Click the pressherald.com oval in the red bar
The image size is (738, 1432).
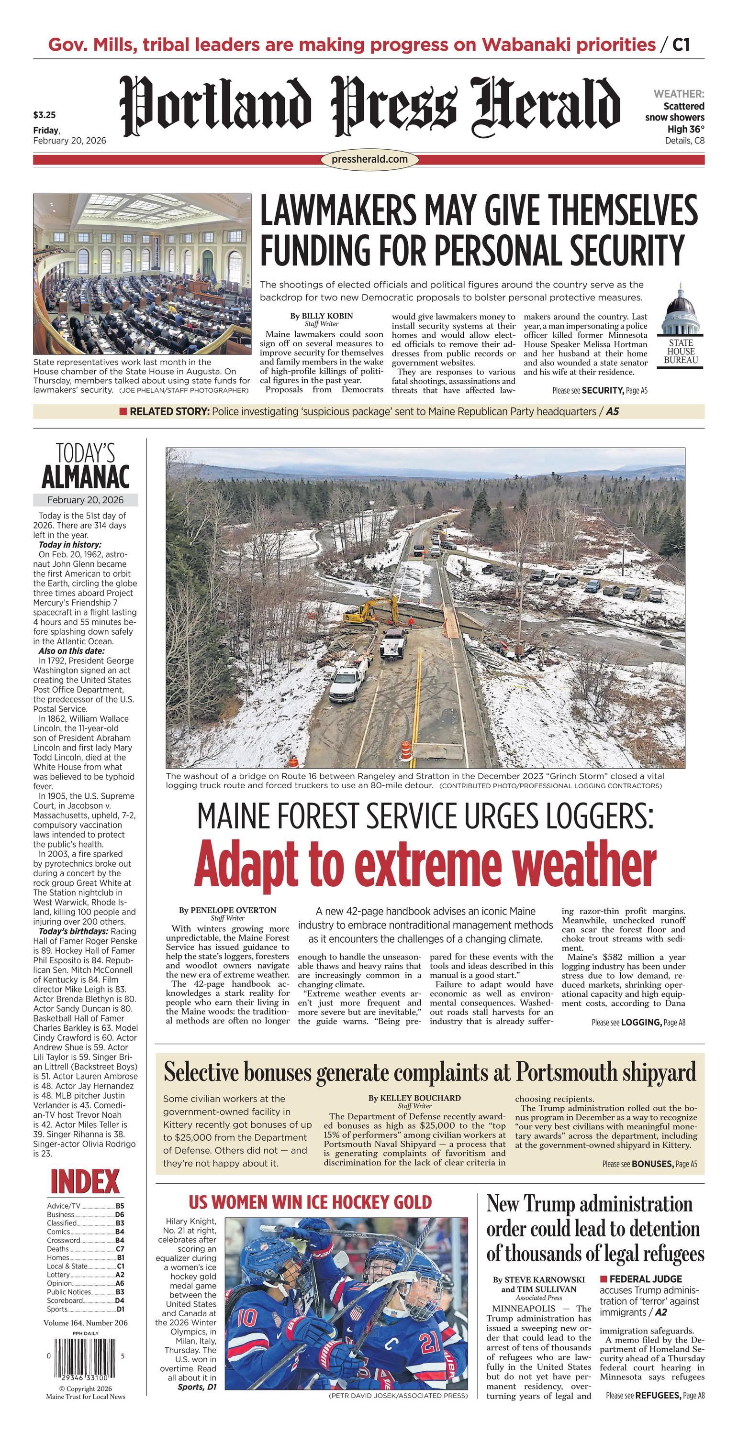click(x=369, y=160)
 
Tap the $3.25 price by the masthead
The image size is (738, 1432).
click(x=45, y=116)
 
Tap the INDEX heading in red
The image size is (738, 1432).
click(x=85, y=1182)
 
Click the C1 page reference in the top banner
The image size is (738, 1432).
click(x=681, y=44)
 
